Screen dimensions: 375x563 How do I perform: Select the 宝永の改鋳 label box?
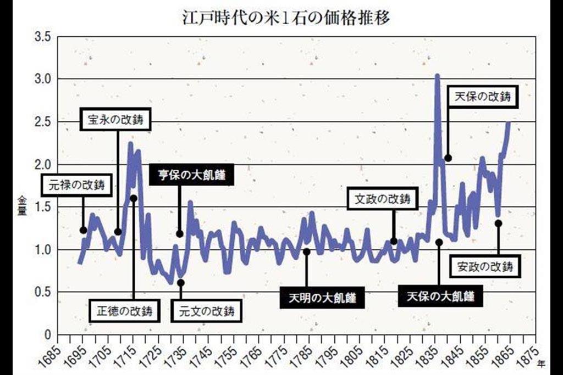tap(115, 120)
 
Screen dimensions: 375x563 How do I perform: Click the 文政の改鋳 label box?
tap(383, 199)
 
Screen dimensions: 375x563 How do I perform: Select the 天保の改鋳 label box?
tap(483, 97)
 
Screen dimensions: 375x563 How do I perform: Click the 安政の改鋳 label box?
tap(485, 267)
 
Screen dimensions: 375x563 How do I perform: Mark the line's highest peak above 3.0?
tap(437, 76)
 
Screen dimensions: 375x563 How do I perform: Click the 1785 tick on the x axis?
tap(302, 354)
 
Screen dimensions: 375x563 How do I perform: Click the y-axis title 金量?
tap(22, 205)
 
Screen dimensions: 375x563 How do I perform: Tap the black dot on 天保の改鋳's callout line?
tap(448, 158)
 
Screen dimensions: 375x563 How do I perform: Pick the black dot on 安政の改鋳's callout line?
tap(498, 223)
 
